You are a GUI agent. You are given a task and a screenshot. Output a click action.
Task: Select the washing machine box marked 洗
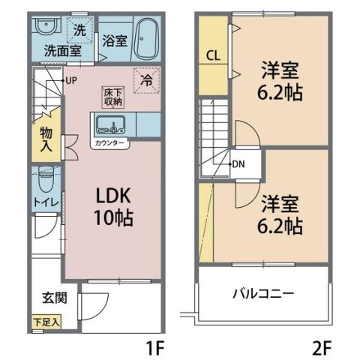tap(77, 31)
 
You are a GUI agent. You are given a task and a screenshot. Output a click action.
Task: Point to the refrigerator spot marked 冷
tap(146, 79)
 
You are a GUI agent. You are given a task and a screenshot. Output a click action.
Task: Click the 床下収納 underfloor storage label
tap(112, 95)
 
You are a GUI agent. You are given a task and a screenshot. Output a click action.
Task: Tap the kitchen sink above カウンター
tap(114, 124)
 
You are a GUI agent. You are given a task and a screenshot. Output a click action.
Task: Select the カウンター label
tap(110, 141)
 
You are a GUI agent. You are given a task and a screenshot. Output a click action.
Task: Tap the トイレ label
tap(44, 203)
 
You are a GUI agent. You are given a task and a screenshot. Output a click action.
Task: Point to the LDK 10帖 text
tap(112, 206)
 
